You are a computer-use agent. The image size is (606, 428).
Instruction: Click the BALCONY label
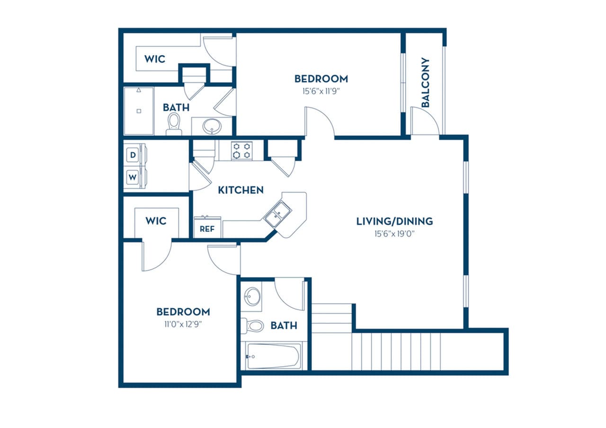tap(425, 82)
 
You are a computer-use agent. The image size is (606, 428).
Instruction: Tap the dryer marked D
tap(133, 155)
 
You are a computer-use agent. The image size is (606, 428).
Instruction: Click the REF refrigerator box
tap(207, 228)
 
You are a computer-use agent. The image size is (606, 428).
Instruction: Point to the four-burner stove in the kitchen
tap(241, 150)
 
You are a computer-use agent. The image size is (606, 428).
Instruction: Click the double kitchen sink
tap(278, 214)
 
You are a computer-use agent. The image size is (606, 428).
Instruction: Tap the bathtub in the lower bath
tap(273, 356)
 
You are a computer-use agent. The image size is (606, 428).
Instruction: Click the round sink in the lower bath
tap(252, 297)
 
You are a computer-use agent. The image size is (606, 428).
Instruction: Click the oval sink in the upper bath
tap(211, 126)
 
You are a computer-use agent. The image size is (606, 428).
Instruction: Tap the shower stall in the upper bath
tap(139, 111)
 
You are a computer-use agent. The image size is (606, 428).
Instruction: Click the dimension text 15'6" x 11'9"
tap(321, 91)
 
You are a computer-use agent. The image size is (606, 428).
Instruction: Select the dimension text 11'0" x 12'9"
tap(183, 324)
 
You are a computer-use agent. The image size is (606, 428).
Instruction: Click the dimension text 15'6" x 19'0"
tap(394, 233)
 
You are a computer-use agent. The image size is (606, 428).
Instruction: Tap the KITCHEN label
tap(241, 190)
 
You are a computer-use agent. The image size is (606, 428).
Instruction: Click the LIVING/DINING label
tap(394, 221)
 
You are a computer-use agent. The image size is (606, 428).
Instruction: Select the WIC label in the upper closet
tap(155, 59)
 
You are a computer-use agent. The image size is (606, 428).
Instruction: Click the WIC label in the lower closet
tap(156, 221)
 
